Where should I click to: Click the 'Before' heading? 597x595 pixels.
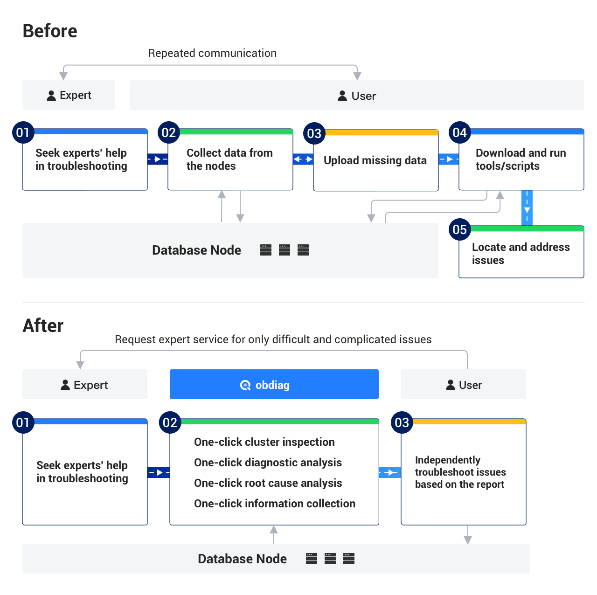(x=50, y=31)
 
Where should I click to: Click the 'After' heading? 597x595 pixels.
(x=43, y=325)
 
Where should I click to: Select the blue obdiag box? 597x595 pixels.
(x=274, y=384)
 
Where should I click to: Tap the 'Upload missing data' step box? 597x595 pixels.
(x=375, y=160)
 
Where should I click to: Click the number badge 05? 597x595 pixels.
(x=460, y=229)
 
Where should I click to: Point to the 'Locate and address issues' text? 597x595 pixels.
(x=521, y=254)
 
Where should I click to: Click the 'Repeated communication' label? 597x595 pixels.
(x=212, y=53)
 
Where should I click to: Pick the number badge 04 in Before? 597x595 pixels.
(x=460, y=133)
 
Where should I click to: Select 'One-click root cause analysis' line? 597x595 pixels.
(x=268, y=483)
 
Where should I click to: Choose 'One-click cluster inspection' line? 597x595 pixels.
(x=264, y=442)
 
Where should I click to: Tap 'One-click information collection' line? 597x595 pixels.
(x=274, y=504)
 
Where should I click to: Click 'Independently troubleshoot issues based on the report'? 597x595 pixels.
(x=460, y=472)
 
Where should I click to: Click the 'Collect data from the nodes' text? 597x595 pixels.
(x=229, y=159)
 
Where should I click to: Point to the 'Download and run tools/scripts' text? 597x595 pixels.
(x=521, y=159)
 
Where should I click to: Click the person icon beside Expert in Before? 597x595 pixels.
(x=51, y=96)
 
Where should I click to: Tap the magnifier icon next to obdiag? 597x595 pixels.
(x=245, y=385)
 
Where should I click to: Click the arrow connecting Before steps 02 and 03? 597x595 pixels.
(x=303, y=159)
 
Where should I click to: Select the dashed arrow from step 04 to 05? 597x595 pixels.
(x=527, y=208)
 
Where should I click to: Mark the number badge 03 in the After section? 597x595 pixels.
(x=402, y=422)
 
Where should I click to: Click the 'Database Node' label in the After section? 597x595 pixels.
(x=242, y=559)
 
